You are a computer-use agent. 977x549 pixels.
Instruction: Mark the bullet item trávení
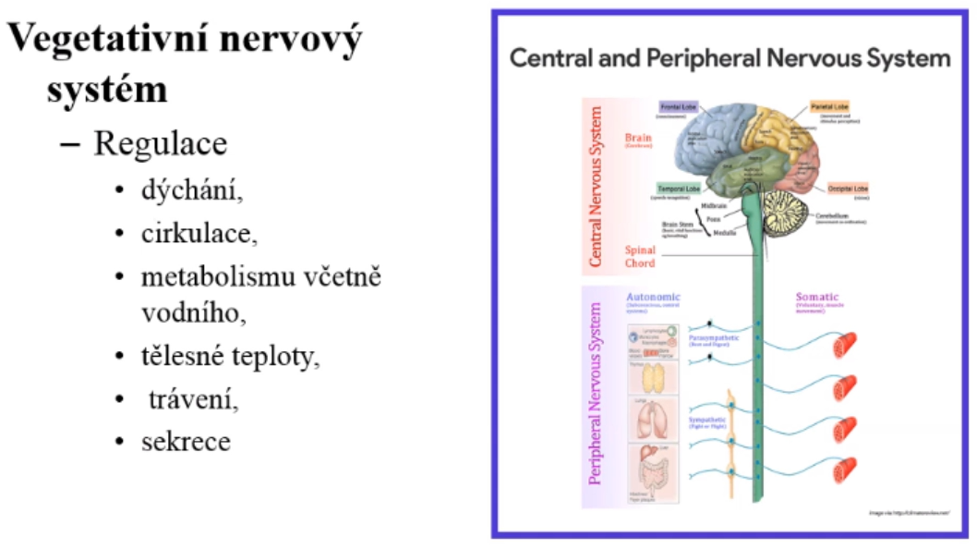[189, 399]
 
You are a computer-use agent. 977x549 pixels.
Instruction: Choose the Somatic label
[818, 298]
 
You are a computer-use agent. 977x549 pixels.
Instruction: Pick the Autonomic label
[655, 298]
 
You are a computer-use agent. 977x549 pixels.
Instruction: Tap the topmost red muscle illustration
[846, 347]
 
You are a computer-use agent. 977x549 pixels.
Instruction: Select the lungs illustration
[654, 418]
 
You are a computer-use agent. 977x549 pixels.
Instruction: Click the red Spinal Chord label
[640, 256]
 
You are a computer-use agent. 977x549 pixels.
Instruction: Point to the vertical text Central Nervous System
[597, 186]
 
